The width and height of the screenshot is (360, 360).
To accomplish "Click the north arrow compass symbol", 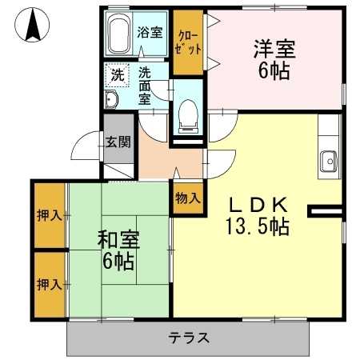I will point(33,26).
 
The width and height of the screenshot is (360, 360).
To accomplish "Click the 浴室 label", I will point(150,33).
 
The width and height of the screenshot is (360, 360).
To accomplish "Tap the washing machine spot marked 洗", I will point(117,76).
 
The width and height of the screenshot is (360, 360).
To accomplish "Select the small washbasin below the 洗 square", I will point(111,99).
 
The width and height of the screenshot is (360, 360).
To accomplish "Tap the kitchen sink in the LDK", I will point(329,160).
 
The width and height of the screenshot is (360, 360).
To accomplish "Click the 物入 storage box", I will point(187,198).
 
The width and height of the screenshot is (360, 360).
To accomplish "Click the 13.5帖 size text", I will point(256,226).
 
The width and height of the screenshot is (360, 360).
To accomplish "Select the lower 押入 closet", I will point(49,284).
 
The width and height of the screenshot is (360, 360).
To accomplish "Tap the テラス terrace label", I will point(189,338).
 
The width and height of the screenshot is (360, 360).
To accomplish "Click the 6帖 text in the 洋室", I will point(274,71).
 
